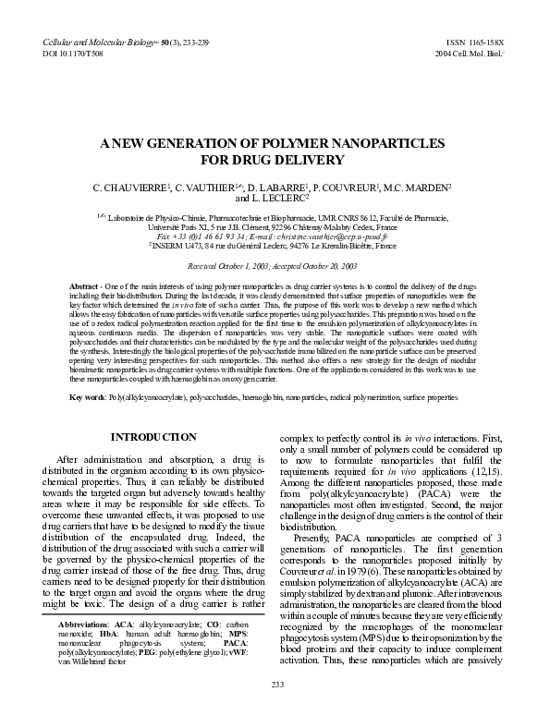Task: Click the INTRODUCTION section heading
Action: pyautogui.click(x=153, y=436)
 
